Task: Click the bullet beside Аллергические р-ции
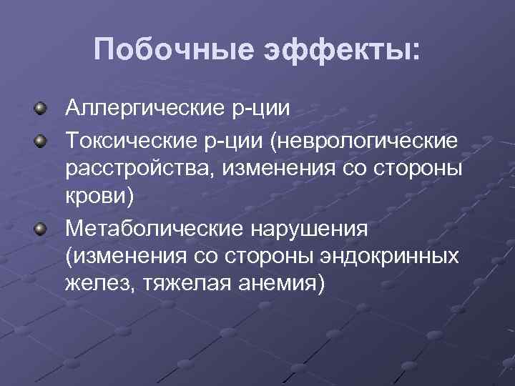(x=42, y=110)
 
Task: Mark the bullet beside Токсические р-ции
(x=42, y=139)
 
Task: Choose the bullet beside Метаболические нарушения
(x=42, y=228)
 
